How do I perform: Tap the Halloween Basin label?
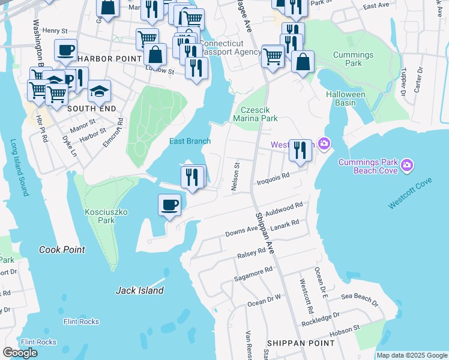[345, 99]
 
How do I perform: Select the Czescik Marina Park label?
[259, 114]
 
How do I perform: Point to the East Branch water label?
[190, 141]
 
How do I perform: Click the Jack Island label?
[139, 290]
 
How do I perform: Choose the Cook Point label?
[62, 250]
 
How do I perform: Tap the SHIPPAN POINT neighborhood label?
[301, 343]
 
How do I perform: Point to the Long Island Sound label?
[19, 168]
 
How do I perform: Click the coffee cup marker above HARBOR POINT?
[66, 50]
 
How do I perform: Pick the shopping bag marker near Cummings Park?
[303, 61]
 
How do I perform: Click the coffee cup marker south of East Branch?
[169, 205]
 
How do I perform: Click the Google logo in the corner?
[20, 353]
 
